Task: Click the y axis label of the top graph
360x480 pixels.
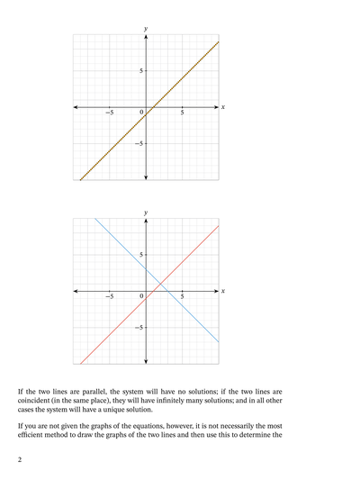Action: pos(146,29)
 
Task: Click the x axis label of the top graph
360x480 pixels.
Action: pos(222,106)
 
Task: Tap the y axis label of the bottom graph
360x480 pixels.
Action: pos(146,213)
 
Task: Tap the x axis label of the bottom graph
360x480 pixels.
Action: pos(222,290)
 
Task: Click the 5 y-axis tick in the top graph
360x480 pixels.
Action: pos(139,70)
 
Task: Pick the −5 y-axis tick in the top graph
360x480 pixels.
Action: pos(138,143)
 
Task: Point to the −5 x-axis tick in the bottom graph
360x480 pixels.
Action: pos(109,296)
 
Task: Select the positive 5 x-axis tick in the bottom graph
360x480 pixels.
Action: pos(183,296)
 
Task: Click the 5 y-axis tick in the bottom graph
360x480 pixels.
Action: pos(139,254)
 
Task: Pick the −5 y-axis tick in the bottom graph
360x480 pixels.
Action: pos(138,327)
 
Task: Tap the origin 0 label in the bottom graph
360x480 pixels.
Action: pos(141,296)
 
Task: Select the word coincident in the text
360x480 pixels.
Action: pos(39,403)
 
